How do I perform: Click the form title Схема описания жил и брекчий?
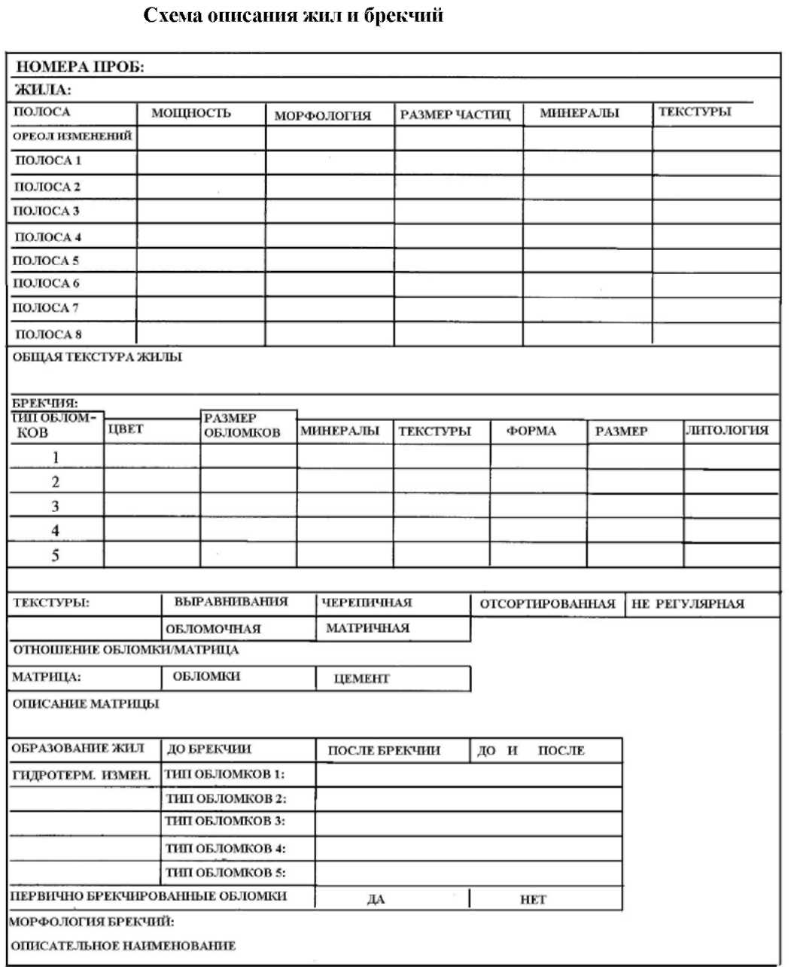(x=293, y=16)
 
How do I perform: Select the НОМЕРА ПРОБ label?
(x=80, y=67)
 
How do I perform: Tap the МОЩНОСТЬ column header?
(x=191, y=114)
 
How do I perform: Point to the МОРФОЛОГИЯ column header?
(x=322, y=116)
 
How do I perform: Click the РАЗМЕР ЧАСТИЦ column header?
(x=455, y=115)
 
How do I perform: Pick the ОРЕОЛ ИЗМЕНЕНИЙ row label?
(x=72, y=136)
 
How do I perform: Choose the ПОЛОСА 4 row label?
(x=48, y=237)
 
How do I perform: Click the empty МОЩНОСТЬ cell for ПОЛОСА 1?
(x=201, y=162)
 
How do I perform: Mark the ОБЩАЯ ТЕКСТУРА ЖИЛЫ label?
(x=97, y=357)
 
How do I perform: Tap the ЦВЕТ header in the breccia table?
(x=126, y=429)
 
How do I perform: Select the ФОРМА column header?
(x=531, y=432)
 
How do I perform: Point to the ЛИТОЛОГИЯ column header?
(x=727, y=430)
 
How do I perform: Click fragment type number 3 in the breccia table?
(x=55, y=506)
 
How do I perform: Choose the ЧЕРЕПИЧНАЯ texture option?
(x=367, y=602)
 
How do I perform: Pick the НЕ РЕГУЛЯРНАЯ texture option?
(x=688, y=603)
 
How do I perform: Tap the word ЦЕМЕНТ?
(x=362, y=679)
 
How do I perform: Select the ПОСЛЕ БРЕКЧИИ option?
(x=384, y=751)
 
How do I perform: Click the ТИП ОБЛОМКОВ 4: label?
(x=226, y=849)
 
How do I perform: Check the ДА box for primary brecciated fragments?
(x=376, y=900)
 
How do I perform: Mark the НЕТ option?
(x=533, y=900)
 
